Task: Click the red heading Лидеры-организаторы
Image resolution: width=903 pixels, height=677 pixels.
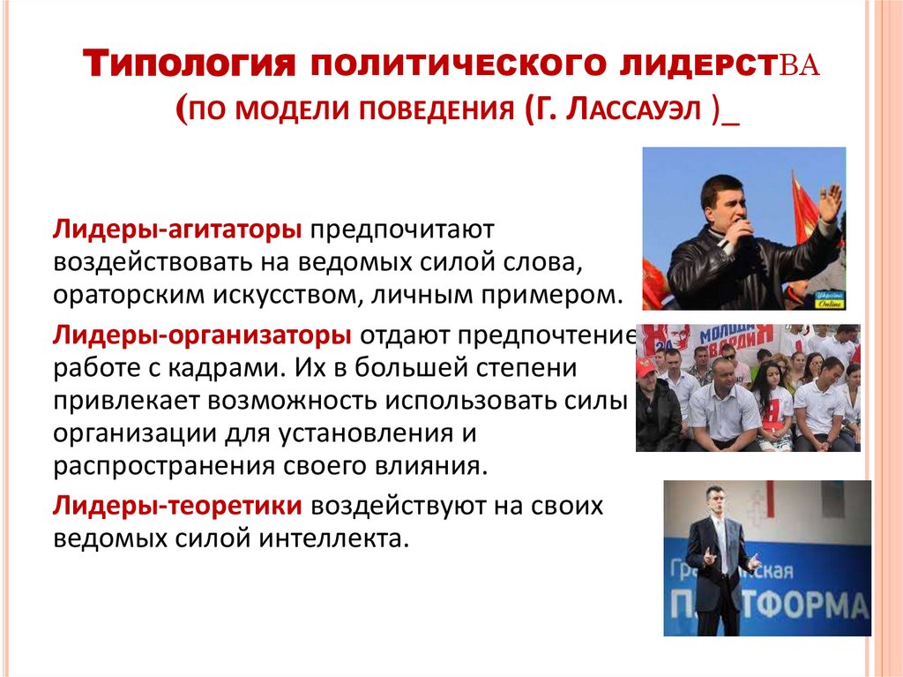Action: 202,335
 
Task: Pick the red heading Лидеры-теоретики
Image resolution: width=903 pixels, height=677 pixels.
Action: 180,506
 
